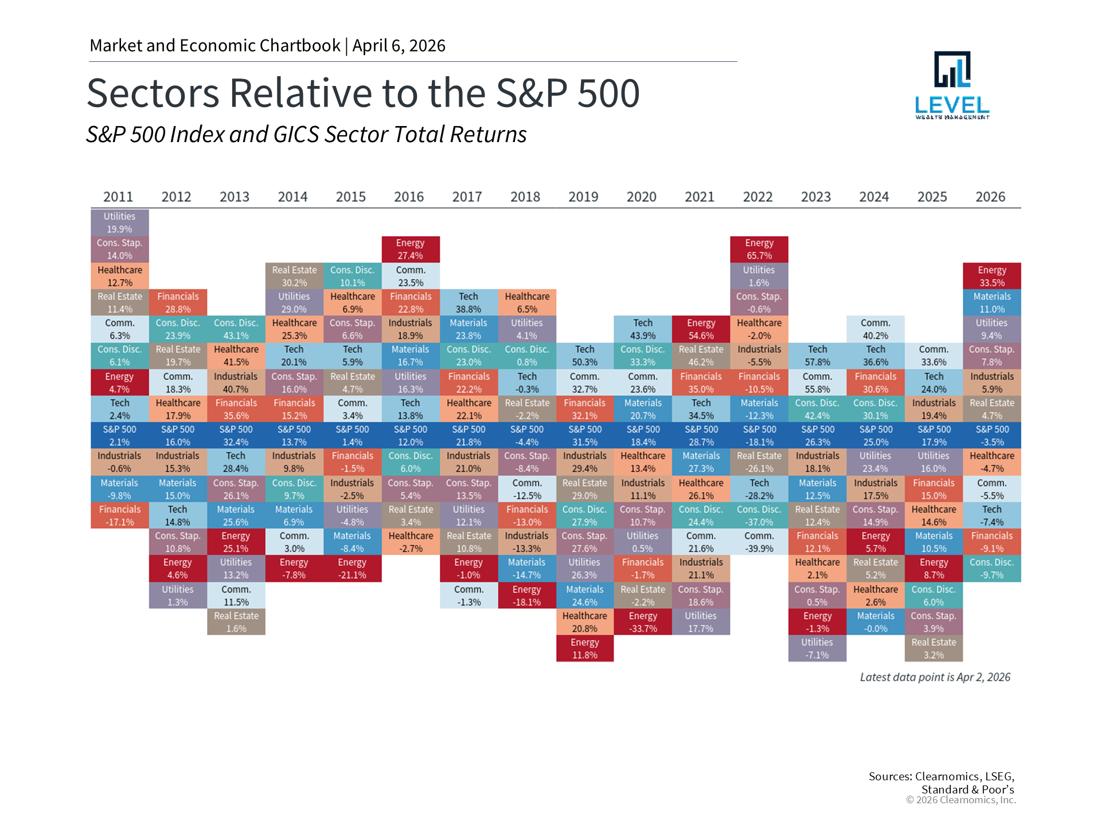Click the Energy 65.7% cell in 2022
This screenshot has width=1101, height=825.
point(759,249)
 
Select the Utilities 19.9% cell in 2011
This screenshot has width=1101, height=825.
point(119,223)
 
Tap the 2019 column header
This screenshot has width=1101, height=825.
point(583,197)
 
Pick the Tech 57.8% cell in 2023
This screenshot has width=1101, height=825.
point(817,356)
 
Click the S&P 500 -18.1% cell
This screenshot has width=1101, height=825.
point(759,436)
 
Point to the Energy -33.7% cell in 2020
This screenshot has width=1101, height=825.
point(642,622)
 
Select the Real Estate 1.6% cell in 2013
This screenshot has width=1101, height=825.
point(236,622)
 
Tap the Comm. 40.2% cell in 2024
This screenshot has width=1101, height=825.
point(875,329)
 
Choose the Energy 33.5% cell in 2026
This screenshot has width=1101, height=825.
point(991,276)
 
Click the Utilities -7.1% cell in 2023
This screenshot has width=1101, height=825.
point(817,649)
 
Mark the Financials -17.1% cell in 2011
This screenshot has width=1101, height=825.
point(119,516)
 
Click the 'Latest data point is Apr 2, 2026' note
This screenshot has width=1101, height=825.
point(935,677)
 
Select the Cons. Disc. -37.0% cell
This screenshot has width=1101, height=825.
point(759,516)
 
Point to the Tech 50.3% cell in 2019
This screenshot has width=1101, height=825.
point(584,356)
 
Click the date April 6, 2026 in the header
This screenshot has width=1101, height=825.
point(399,46)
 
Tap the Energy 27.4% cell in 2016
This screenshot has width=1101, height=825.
point(410,249)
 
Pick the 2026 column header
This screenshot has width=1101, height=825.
point(990,197)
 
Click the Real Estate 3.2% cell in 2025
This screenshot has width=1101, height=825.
point(934,649)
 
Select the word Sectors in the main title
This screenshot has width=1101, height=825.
point(153,93)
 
